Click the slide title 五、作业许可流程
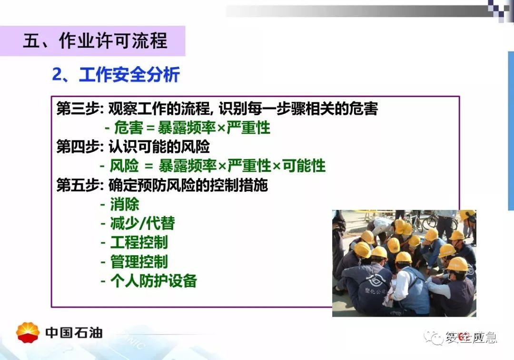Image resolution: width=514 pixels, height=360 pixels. click(x=95, y=41)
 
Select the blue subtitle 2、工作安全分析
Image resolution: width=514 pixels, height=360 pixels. click(x=116, y=74)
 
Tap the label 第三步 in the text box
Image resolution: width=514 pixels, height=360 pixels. click(x=78, y=109)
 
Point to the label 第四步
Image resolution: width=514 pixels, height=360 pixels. click(x=78, y=147)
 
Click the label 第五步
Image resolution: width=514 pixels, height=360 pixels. click(x=78, y=185)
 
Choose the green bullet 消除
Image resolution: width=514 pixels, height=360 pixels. click(x=125, y=204)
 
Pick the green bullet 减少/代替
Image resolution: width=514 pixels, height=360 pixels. click(x=143, y=224)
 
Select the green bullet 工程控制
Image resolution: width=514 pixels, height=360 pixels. click(x=139, y=243)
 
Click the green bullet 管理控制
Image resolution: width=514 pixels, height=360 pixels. click(x=139, y=261)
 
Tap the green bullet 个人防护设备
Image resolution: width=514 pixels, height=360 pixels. click(x=153, y=281)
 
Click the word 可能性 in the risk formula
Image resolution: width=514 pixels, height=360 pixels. click(x=304, y=166)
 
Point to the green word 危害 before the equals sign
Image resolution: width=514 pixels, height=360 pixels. click(x=128, y=128)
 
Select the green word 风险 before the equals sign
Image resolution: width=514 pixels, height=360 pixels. click(x=124, y=166)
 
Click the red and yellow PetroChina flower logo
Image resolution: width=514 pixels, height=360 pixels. click(x=28, y=332)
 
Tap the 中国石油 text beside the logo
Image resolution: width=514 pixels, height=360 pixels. click(x=74, y=333)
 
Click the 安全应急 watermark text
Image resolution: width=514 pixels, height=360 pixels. click(x=471, y=337)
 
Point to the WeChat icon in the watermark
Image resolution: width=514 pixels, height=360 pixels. click(x=434, y=337)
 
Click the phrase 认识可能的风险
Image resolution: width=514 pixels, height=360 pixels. click(x=159, y=147)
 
